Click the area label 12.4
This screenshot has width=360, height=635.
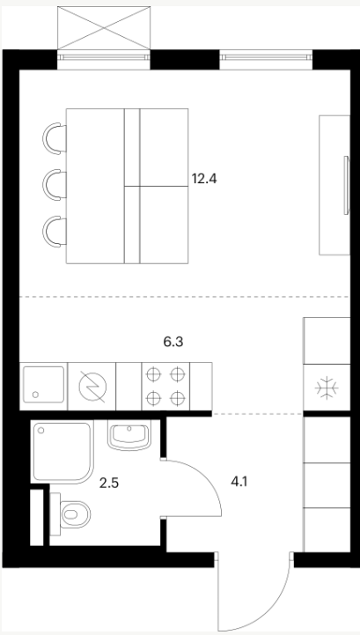(204, 179)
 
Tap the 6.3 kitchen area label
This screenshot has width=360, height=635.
(173, 343)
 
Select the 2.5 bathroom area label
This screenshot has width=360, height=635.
(109, 484)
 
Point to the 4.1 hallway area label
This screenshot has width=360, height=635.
(239, 482)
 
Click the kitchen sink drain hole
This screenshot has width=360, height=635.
(36, 394)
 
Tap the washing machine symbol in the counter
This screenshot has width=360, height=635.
(92, 387)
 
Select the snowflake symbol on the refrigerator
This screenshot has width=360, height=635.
(327, 388)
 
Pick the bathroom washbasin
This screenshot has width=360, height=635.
(129, 435)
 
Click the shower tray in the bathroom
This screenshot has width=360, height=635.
(62, 452)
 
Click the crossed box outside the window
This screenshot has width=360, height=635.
(104, 28)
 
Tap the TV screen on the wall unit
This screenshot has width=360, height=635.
(346, 185)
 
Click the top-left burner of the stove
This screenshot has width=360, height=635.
(152, 374)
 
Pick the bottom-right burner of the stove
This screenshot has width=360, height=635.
(178, 399)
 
